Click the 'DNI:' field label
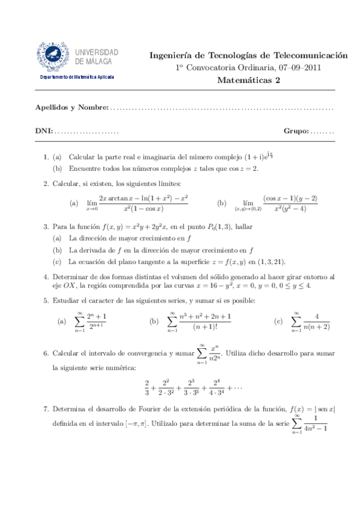tap(44, 131)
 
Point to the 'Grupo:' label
tap(296, 131)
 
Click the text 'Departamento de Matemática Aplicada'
tap(76, 77)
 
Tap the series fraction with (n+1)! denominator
tap(204, 321)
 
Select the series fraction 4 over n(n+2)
tap(318, 321)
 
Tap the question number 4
tap(46, 277)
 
